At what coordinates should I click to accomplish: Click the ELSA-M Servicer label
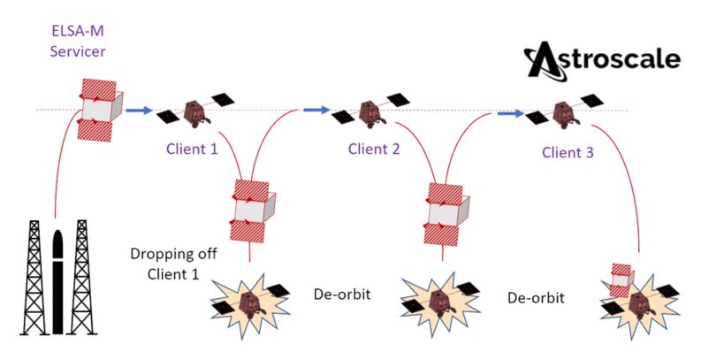click(79, 41)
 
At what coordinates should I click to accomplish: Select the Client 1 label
click(191, 149)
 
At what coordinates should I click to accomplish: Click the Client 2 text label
click(374, 149)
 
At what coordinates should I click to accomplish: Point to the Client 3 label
click(568, 152)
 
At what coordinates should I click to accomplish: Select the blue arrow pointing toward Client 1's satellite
click(138, 111)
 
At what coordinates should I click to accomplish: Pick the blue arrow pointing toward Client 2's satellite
click(316, 110)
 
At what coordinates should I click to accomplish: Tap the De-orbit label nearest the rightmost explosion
click(536, 298)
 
